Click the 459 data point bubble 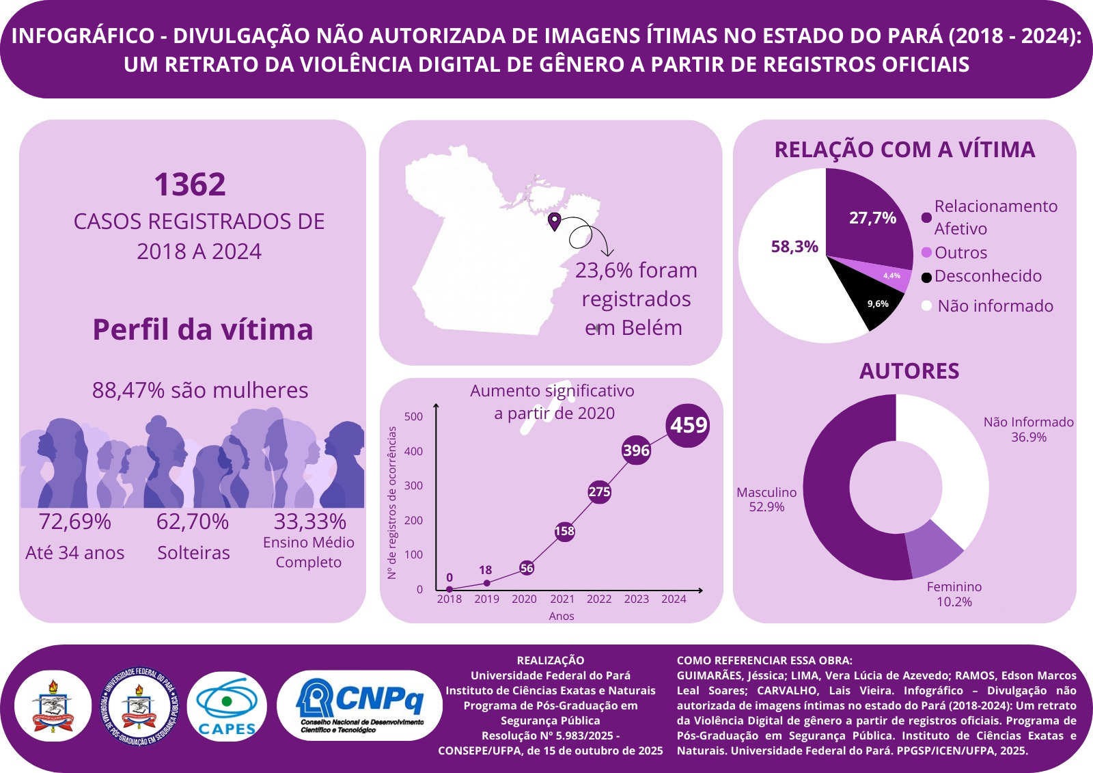(688, 425)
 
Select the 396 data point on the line (636, 450)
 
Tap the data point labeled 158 (564, 531)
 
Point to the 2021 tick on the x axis (562, 599)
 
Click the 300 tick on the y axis (414, 485)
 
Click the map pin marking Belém (555, 221)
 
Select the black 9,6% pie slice (875, 301)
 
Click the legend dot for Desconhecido (926, 277)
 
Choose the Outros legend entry (960, 253)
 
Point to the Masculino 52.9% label (766, 500)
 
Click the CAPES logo (227, 706)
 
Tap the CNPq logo (360, 705)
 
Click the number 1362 (190, 185)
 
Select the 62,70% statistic (193, 521)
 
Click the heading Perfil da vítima (203, 329)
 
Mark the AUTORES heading (909, 371)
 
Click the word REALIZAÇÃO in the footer (551, 660)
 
